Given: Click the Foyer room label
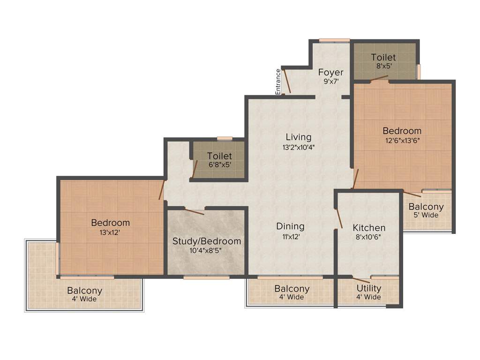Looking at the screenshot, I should point(330,72).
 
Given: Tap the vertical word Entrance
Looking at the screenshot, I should point(278,82).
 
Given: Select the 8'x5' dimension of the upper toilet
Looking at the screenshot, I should point(383,66).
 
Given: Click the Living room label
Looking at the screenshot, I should point(299,137).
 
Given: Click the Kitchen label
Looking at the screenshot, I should point(369,228).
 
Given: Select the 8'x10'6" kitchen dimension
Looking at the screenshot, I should point(369,237).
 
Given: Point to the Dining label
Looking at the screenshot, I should point(290,226).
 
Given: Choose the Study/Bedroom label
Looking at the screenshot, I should point(207,241).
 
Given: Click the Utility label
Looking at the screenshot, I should point(369,288).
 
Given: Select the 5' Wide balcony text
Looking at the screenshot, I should point(426,215).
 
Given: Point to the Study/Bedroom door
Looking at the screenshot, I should point(195,211).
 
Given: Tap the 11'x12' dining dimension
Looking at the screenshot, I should point(290,236).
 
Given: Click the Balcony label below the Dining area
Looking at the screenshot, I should point(292,289).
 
